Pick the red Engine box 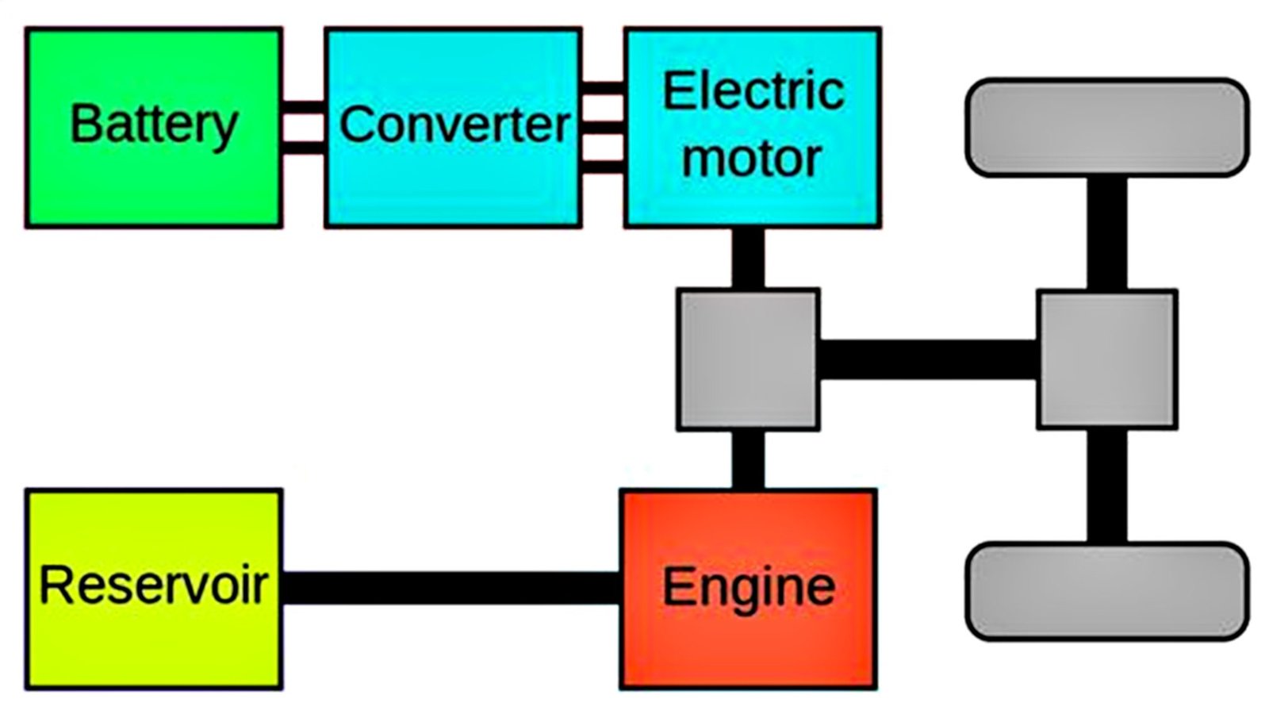click(748, 643)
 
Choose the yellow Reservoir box click(153, 643)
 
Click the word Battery click(154, 125)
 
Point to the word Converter click(454, 125)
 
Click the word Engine click(748, 586)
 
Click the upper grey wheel click(1106, 127)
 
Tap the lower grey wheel click(1106, 591)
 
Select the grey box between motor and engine click(747, 359)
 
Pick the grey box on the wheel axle click(1106, 359)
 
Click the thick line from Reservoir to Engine click(450, 588)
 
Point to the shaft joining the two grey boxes click(928, 359)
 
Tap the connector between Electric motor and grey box click(747, 259)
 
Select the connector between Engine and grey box click(747, 460)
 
